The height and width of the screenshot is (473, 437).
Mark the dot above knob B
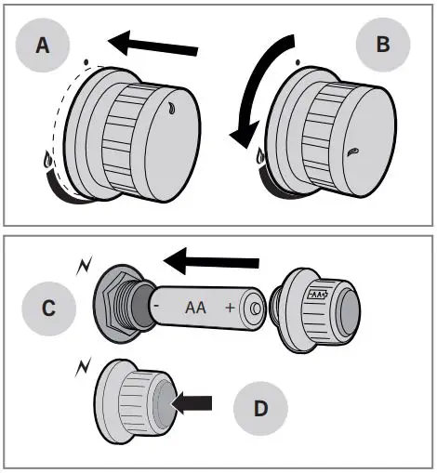coord(298,62)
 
